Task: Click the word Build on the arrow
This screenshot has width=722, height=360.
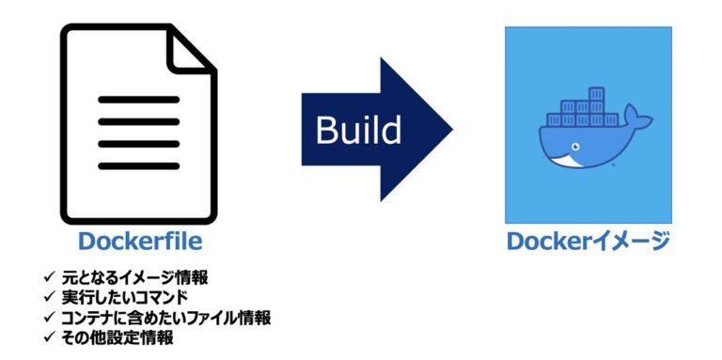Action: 358,130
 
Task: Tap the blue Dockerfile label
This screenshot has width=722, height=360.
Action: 140,242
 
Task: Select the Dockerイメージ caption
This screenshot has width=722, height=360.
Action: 589,242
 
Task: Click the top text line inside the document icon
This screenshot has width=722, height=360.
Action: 139,98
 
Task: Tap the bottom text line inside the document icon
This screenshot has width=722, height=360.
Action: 139,165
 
